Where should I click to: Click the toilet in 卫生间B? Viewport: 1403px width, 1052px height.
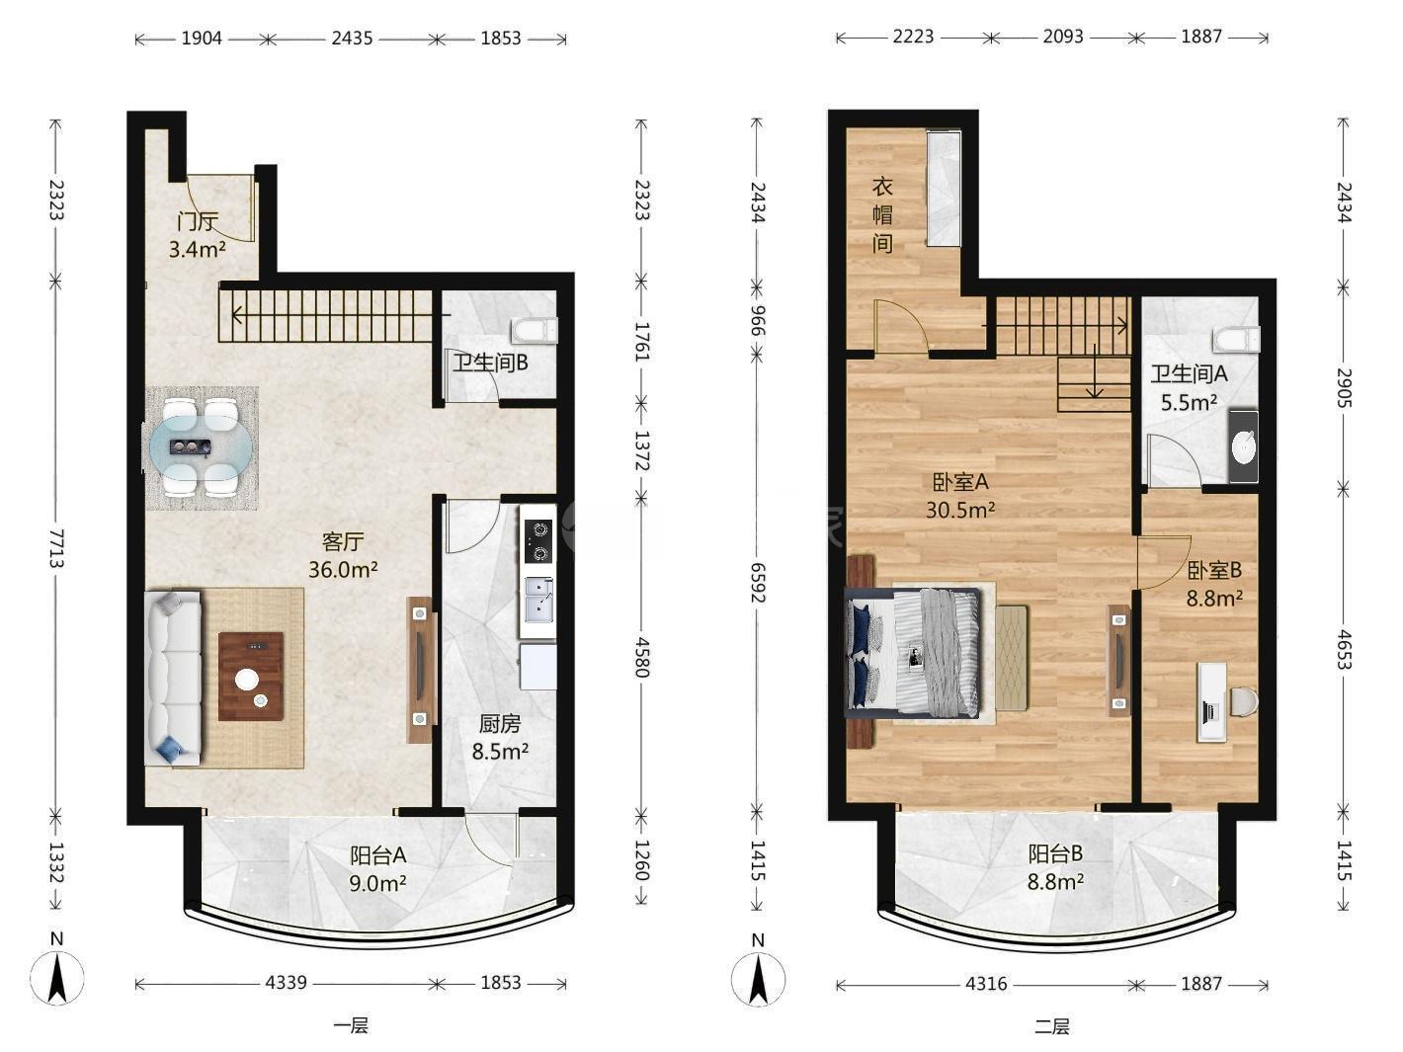(x=534, y=330)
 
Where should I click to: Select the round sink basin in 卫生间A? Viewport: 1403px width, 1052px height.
(x=1243, y=446)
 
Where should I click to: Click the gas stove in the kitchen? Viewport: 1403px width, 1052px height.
(x=539, y=540)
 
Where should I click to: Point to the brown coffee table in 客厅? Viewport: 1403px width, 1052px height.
(x=251, y=677)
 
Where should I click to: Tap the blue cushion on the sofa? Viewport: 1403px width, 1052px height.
(x=171, y=746)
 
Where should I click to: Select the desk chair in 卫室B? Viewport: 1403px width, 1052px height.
(x=1243, y=702)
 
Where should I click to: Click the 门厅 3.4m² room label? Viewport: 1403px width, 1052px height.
(x=198, y=235)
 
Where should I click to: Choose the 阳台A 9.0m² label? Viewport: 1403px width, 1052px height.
(x=377, y=869)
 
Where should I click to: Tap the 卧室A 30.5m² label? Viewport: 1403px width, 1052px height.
(x=960, y=496)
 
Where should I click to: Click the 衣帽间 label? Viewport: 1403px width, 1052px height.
(x=882, y=215)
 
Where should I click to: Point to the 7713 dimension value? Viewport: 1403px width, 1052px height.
(x=56, y=548)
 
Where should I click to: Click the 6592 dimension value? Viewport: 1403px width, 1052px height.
(x=758, y=582)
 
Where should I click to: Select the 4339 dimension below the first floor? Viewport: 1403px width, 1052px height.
(x=287, y=983)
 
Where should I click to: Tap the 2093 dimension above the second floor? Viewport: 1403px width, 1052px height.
(x=1063, y=37)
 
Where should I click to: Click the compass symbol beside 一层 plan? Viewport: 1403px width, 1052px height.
(x=57, y=977)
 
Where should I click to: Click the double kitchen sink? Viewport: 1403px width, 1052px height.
(x=539, y=600)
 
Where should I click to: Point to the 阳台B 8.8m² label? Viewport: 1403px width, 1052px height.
(x=1055, y=868)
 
